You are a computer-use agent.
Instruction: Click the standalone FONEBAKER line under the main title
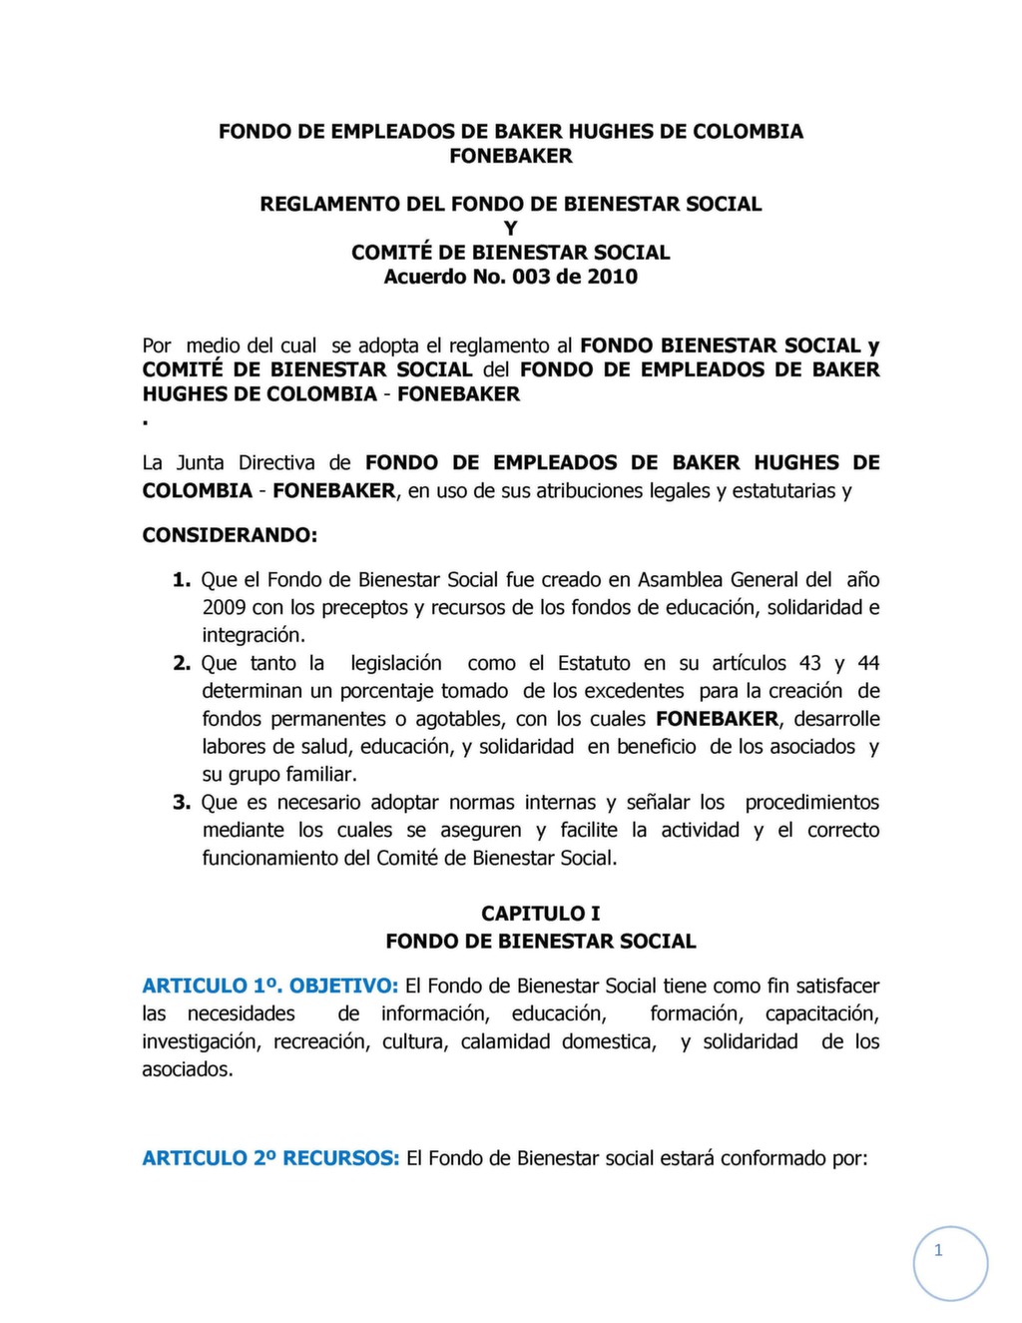tap(511, 156)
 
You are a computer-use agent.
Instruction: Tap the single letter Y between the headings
tap(511, 229)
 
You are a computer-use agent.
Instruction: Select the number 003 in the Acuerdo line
tap(531, 277)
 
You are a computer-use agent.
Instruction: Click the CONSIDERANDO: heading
tap(230, 535)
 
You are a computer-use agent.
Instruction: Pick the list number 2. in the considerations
tap(182, 663)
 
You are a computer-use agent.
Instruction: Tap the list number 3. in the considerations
tap(182, 802)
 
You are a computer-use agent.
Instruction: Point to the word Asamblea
tap(681, 579)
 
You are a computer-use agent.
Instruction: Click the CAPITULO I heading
tap(541, 913)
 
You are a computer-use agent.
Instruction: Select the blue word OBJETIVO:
tap(344, 986)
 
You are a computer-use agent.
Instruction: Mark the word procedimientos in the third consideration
tap(812, 802)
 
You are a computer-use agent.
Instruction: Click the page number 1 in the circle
tap(938, 1250)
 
